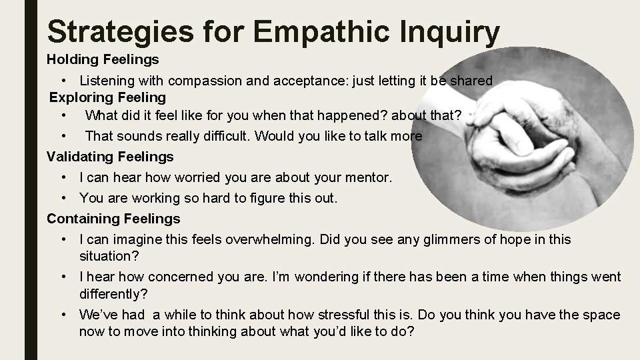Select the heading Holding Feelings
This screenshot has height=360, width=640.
point(103,59)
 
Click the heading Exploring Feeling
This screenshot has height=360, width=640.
point(107,98)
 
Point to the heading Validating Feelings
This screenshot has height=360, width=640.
point(110,157)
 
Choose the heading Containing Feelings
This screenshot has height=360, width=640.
point(113,218)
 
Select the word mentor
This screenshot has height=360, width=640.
point(367,179)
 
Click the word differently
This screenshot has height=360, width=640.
point(113,293)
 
